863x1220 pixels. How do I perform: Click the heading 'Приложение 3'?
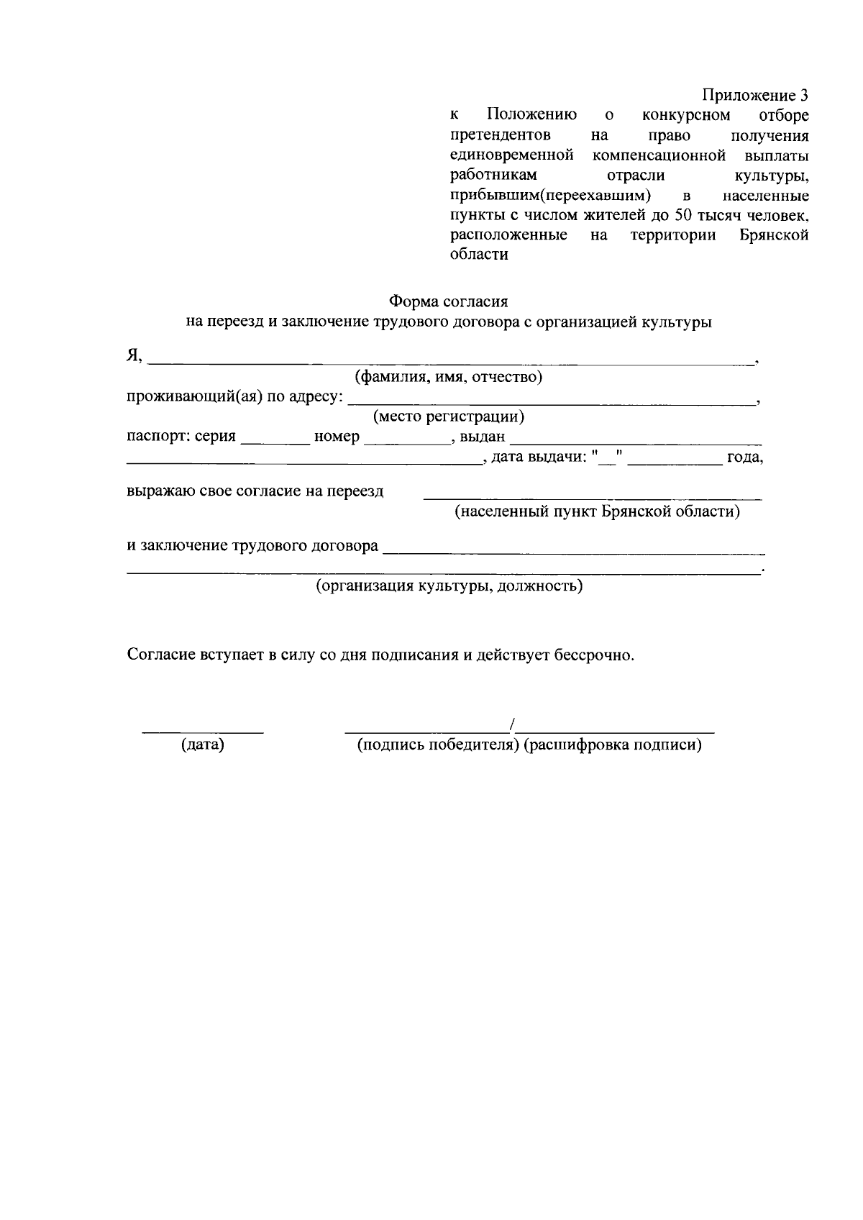[x=754, y=96]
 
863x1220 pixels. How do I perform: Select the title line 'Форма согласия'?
[x=448, y=301]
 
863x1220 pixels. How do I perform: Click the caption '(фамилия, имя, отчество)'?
[x=448, y=376]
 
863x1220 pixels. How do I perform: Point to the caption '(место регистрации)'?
[x=448, y=416]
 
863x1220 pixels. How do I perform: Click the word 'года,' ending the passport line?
[x=744, y=457]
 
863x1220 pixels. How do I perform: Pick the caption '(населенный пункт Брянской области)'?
[x=597, y=512]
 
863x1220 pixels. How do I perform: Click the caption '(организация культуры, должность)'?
[x=449, y=586]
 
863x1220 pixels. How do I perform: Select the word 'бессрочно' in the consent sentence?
[x=593, y=655]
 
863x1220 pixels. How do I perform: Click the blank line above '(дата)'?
[x=202, y=731]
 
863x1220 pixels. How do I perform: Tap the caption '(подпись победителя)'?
[x=438, y=745]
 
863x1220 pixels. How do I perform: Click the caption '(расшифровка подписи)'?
[x=613, y=745]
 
